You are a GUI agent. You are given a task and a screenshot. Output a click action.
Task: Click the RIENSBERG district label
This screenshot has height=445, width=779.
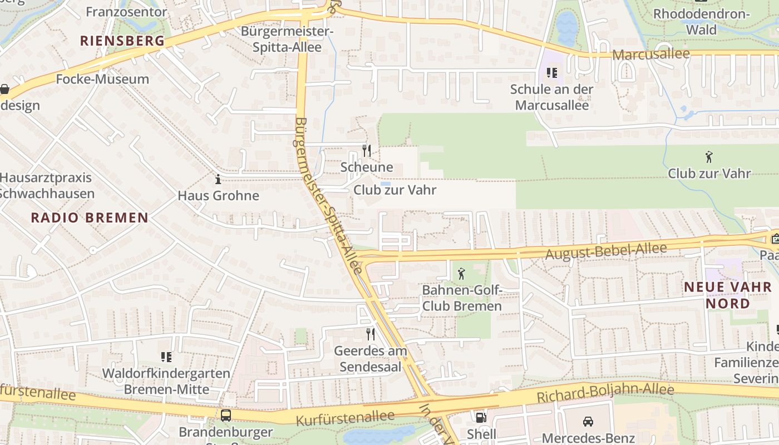[x=122, y=41]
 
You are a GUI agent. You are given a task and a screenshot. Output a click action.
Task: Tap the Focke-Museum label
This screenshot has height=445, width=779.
[x=102, y=79]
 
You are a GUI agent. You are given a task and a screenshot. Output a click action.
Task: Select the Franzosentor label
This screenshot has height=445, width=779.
[x=126, y=12]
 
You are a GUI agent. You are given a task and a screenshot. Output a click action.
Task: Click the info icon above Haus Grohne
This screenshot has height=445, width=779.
[x=218, y=179]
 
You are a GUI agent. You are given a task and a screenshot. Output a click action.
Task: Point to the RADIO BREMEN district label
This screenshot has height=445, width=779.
[x=90, y=217]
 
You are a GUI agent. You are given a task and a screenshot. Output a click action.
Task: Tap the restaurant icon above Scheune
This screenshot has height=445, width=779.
[x=367, y=150]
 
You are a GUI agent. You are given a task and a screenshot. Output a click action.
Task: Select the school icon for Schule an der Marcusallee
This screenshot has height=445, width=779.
[x=551, y=72]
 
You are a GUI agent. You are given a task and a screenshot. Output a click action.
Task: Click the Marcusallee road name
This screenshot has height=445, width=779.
[x=651, y=55]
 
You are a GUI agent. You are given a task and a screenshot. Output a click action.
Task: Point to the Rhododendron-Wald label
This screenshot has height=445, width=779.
[x=701, y=21]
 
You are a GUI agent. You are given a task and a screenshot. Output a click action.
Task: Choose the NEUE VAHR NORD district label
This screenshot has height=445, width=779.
[x=728, y=295]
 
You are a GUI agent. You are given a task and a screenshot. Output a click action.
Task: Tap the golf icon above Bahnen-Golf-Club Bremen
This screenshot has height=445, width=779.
[x=461, y=274]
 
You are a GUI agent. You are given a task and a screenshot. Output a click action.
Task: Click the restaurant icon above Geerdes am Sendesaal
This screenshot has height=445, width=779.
[x=370, y=334]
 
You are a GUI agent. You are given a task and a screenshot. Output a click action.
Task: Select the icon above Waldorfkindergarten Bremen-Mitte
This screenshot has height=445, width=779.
[x=166, y=357]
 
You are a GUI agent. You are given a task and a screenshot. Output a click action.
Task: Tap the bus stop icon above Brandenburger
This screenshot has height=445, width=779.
[x=226, y=415]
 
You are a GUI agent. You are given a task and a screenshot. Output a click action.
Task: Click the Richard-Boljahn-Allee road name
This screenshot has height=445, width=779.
[x=605, y=393]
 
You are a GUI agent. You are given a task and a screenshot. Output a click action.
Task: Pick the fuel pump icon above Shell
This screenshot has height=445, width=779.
[x=480, y=417]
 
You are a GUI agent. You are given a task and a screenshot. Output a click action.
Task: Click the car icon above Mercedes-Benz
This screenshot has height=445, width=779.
[x=588, y=421]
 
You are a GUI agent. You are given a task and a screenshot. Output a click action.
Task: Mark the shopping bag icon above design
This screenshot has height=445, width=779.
[x=4, y=89]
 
